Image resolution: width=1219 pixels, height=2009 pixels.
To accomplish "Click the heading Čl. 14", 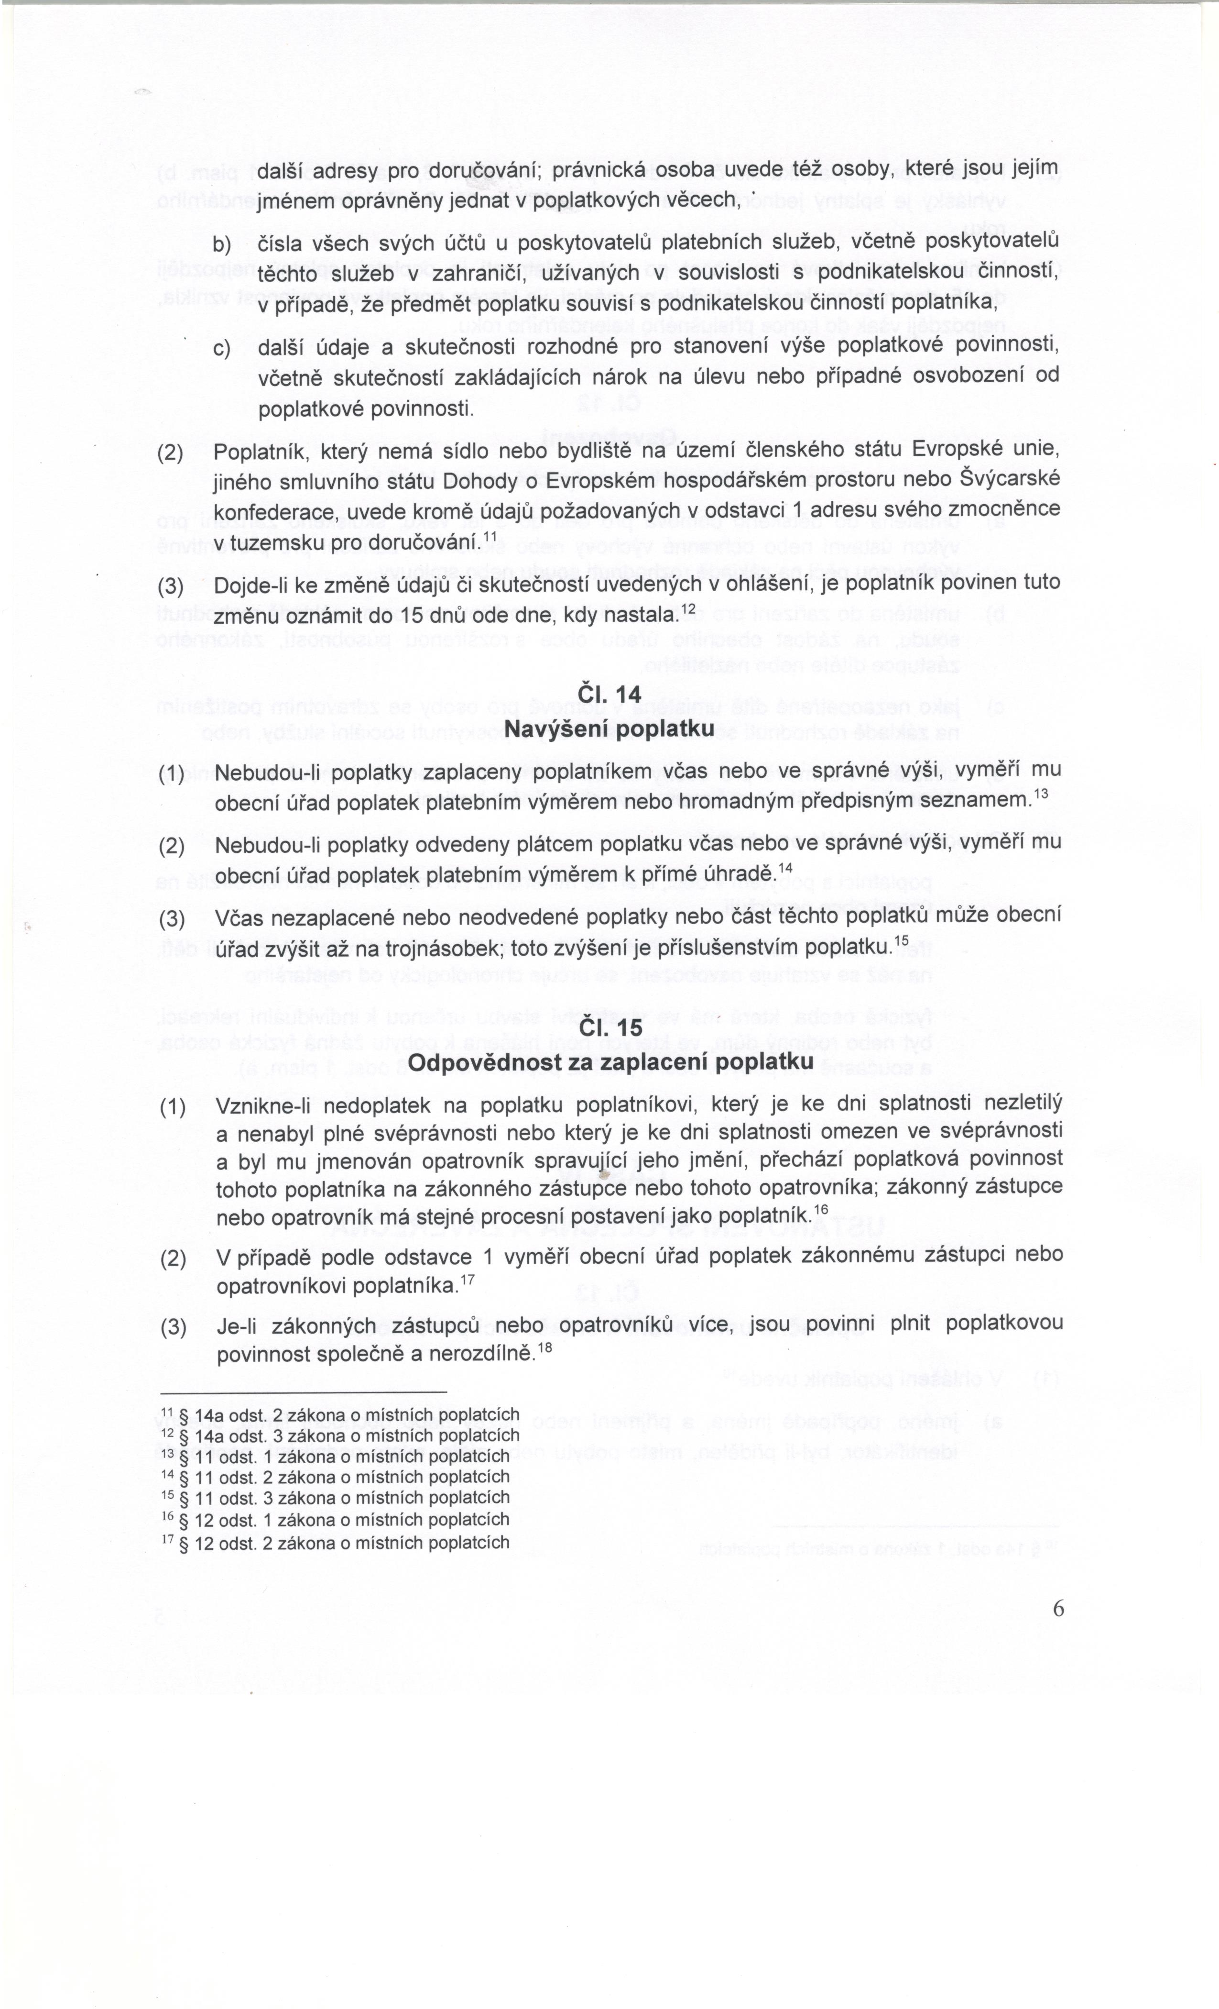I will [609, 695].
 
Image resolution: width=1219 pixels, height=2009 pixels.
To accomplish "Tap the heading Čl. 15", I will [609, 1029].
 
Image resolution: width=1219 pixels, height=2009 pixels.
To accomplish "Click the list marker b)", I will [222, 244].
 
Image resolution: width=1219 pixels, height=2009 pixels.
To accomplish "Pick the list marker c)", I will [222, 350].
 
